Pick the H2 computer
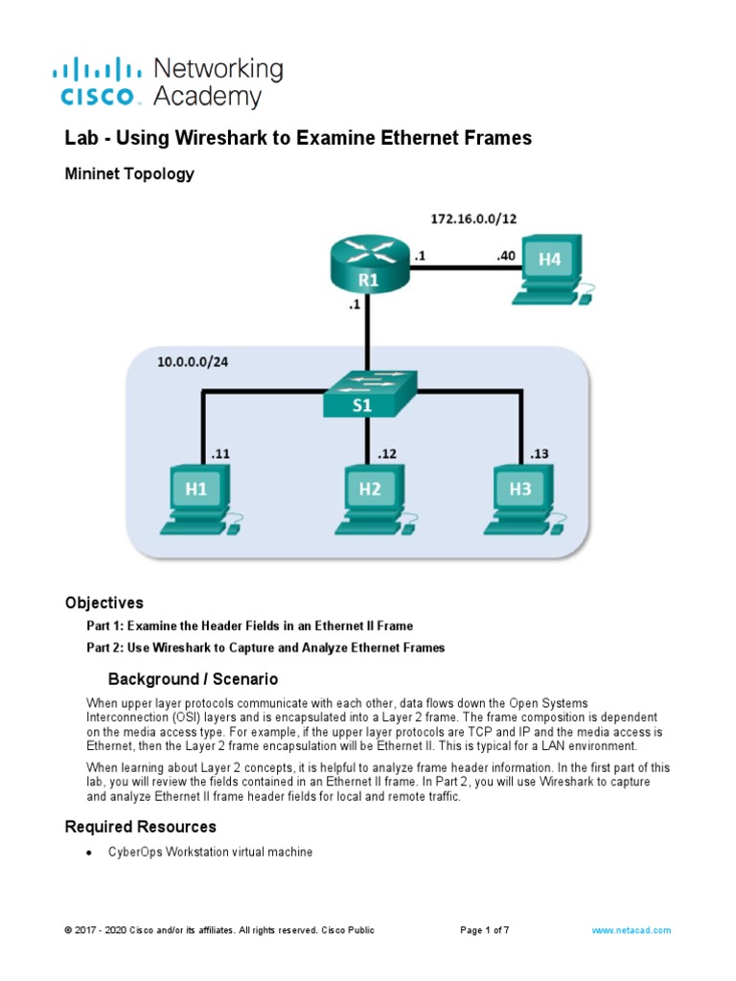[x=370, y=497]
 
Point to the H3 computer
[x=521, y=497]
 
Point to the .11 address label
[x=219, y=454]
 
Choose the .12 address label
[x=386, y=454]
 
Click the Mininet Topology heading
[x=129, y=173]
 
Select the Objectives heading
[x=103, y=603]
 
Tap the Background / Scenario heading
[x=193, y=679]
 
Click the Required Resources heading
[x=140, y=826]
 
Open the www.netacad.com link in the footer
[x=631, y=930]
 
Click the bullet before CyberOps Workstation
[x=89, y=853]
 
